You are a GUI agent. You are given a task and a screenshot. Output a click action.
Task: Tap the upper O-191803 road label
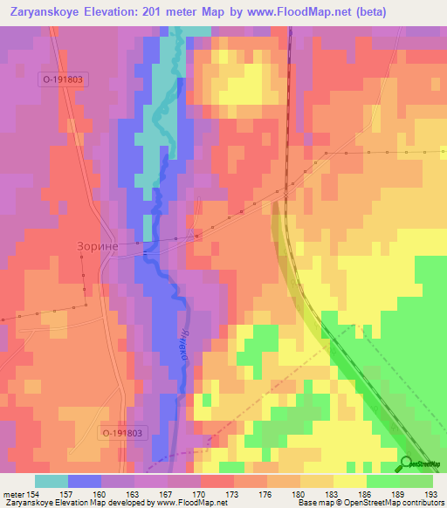(64, 79)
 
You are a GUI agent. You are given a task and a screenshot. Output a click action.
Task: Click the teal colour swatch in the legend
(51, 481)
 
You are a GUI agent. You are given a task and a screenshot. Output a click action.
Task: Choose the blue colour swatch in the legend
(84, 481)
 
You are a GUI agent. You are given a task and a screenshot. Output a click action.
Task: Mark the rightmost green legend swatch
(416, 481)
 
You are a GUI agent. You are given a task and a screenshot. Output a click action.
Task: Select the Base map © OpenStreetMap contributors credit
(368, 504)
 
